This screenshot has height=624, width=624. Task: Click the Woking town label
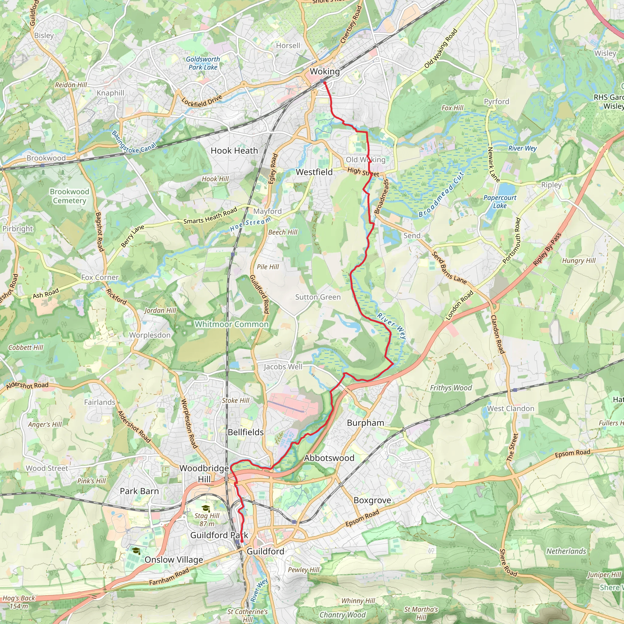click(324, 71)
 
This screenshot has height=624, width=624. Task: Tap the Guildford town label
click(265, 551)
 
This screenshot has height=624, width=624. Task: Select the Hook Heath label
click(234, 151)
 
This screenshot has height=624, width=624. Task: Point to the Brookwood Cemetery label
click(69, 196)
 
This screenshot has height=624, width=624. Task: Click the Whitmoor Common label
click(232, 324)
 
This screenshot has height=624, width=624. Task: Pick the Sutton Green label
click(318, 297)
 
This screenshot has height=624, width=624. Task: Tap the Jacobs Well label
click(283, 367)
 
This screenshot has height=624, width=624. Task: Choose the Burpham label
click(365, 423)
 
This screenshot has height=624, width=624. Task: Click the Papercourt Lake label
click(500, 201)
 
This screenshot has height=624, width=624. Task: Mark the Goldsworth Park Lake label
click(203, 63)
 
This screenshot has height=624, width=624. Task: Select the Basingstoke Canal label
click(134, 142)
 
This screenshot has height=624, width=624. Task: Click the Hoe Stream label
click(250, 224)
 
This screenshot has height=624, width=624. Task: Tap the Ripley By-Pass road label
click(547, 249)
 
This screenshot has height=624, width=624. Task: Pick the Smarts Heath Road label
click(210, 216)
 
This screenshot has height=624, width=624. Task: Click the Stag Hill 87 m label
click(207, 520)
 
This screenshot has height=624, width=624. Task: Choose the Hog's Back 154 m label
click(19, 602)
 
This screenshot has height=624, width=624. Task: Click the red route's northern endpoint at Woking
click(324, 83)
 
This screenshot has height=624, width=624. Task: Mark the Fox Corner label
click(100, 278)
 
